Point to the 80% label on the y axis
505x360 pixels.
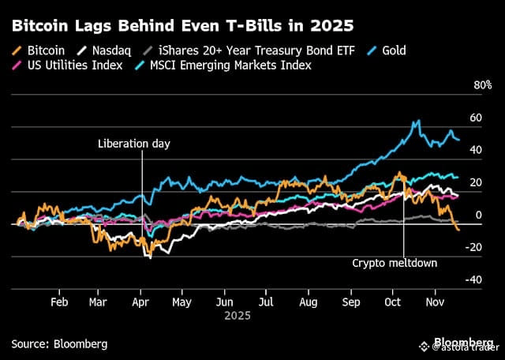(x=481, y=85)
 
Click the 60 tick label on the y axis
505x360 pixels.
(x=475, y=118)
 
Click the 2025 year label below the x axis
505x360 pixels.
(x=237, y=315)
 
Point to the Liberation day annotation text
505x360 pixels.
(x=134, y=144)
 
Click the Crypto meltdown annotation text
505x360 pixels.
(x=394, y=264)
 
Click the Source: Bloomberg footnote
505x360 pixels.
(x=59, y=343)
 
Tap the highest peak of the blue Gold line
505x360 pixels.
(x=416, y=122)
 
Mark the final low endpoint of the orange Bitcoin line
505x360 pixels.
(x=458, y=230)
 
